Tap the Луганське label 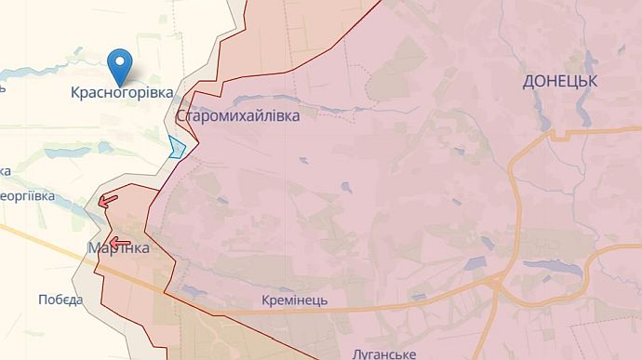pyautogui.click(x=383, y=353)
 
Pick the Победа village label pyautogui.click(x=60, y=300)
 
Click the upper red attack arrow pyautogui.click(x=108, y=198)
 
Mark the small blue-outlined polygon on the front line pyautogui.click(x=177, y=147)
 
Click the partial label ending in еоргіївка pyautogui.click(x=28, y=197)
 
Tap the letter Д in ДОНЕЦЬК pyautogui.click(x=528, y=82)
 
